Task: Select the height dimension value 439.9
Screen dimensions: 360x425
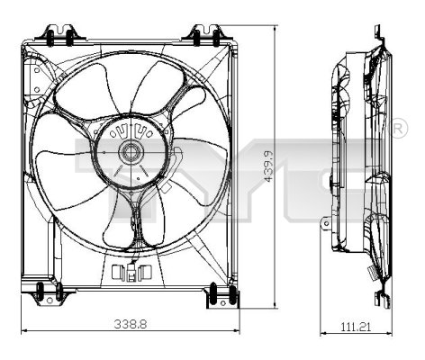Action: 267,166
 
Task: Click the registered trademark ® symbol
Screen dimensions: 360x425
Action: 399,131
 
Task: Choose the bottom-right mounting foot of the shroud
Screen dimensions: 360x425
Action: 218,295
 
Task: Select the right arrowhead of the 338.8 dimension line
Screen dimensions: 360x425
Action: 236,330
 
